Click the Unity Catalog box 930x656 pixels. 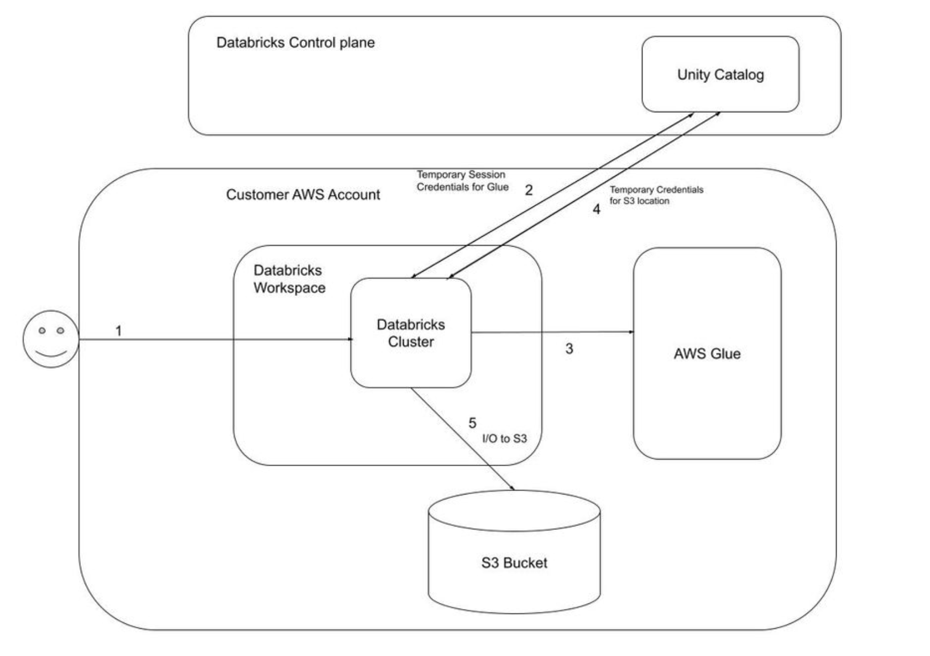tap(720, 74)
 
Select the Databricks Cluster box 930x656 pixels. tap(411, 332)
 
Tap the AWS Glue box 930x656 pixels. tap(707, 353)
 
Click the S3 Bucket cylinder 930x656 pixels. tap(514, 563)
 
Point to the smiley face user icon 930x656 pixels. tap(51, 339)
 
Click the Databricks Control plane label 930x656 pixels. tap(295, 43)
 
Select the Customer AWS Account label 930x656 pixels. tap(303, 195)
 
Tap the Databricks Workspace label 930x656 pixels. tap(289, 279)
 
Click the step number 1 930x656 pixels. tap(118, 331)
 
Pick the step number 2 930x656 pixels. tap(529, 190)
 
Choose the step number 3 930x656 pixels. tap(569, 349)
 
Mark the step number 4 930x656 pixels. tap(596, 209)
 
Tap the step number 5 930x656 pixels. tap(472, 423)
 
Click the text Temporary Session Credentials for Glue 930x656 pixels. tap(462, 181)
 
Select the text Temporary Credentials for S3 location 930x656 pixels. tap(656, 195)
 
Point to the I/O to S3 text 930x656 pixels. tap(504, 439)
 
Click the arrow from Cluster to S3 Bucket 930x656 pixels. tap(462, 439)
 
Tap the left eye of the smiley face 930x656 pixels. tap(42, 330)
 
